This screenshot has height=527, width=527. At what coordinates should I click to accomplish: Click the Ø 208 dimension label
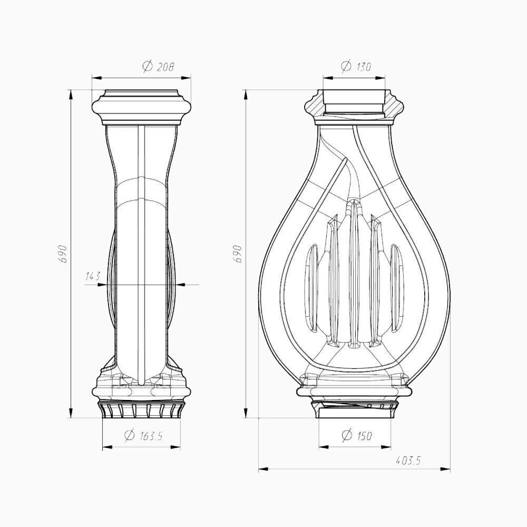(158, 66)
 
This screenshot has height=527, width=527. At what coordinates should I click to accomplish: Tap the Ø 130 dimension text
(356, 66)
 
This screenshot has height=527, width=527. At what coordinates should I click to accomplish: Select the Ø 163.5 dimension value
(143, 436)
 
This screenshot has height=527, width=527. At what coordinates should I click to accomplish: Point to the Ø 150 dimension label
(357, 436)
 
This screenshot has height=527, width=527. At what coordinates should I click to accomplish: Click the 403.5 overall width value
(408, 460)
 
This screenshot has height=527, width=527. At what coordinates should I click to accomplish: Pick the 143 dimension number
(93, 276)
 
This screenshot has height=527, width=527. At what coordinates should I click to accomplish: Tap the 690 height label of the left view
(63, 254)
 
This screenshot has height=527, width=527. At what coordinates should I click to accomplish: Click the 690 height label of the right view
(238, 254)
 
